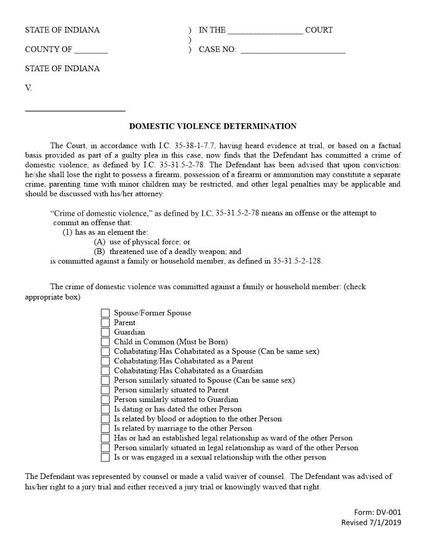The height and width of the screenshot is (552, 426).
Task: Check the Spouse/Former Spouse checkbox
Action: [x=105, y=313]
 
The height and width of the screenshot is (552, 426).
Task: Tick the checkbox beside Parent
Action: [x=105, y=323]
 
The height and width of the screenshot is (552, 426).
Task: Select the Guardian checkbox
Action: [x=105, y=332]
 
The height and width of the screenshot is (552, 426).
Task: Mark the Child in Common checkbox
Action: [x=105, y=342]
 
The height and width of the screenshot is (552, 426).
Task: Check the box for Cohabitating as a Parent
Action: [x=105, y=361]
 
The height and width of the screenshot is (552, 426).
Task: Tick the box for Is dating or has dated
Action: [x=105, y=409]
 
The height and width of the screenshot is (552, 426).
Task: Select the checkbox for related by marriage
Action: [x=105, y=429]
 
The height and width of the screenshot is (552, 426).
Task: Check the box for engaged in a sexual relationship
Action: [x=105, y=457]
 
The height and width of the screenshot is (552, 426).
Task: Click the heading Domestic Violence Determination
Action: [x=212, y=126]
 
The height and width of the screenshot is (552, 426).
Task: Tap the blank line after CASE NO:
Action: [x=292, y=51]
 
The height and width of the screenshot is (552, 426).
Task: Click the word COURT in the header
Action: [x=319, y=30]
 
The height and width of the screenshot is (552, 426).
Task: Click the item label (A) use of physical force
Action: [x=142, y=242]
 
